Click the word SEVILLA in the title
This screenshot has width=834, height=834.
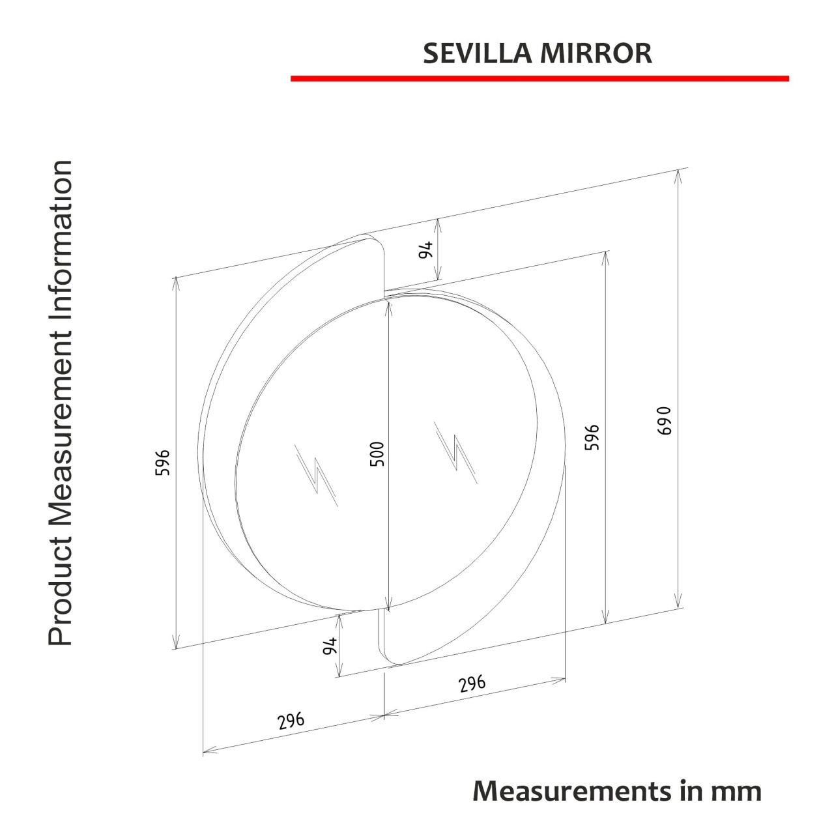tap(477, 53)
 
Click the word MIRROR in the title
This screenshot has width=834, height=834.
tap(596, 53)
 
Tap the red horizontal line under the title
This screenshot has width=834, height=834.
tap(539, 78)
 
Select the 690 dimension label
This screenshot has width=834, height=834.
tap(663, 421)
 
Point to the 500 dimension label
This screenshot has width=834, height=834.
tap(377, 453)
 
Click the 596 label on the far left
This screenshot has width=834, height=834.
tap(162, 463)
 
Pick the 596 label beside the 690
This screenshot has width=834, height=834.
tap(592, 437)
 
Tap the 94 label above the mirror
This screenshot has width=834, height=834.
tap(425, 250)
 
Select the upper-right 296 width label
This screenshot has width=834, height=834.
tap(472, 683)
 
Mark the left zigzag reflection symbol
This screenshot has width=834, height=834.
tap(316, 475)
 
